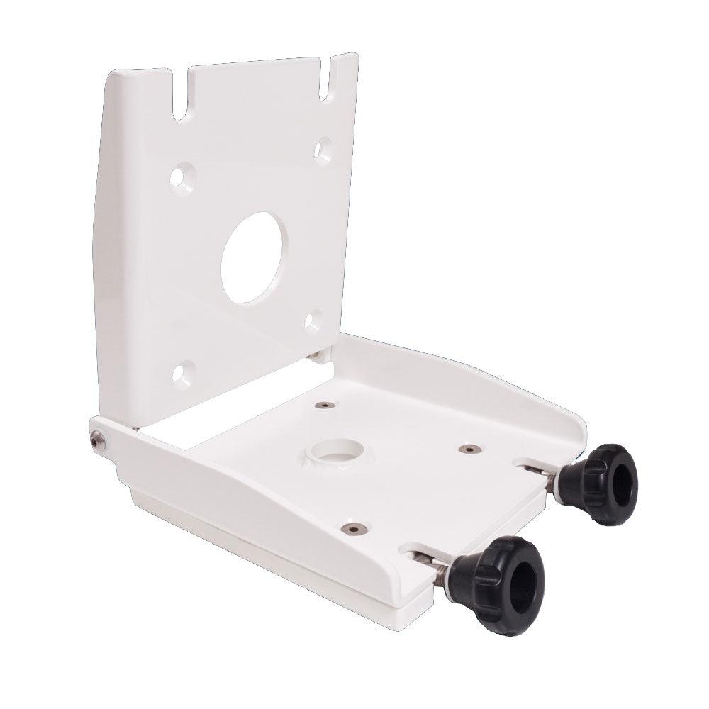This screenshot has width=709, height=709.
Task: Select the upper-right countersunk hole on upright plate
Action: pyautogui.click(x=323, y=150)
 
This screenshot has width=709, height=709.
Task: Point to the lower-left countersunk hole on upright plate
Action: pyautogui.click(x=183, y=374)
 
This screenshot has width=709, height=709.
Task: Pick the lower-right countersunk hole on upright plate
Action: pyautogui.click(x=313, y=321)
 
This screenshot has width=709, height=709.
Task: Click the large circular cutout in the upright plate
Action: pyautogui.click(x=255, y=257)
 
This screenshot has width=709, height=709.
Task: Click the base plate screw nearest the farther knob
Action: pyautogui.click(x=468, y=449)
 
